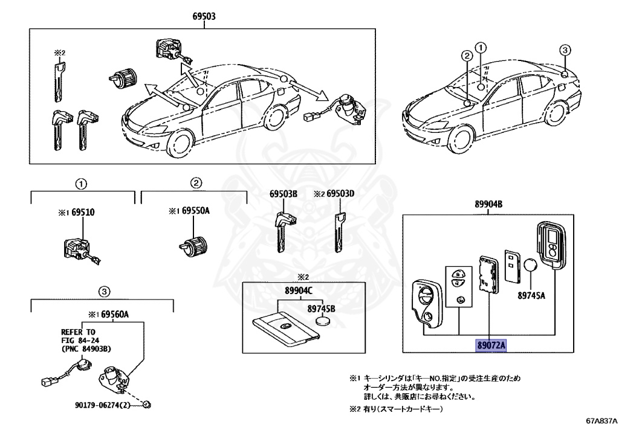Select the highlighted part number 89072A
click(x=490, y=345)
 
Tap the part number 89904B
click(x=489, y=204)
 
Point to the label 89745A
click(x=531, y=296)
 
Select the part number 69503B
click(x=284, y=194)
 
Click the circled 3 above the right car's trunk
click(x=563, y=50)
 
